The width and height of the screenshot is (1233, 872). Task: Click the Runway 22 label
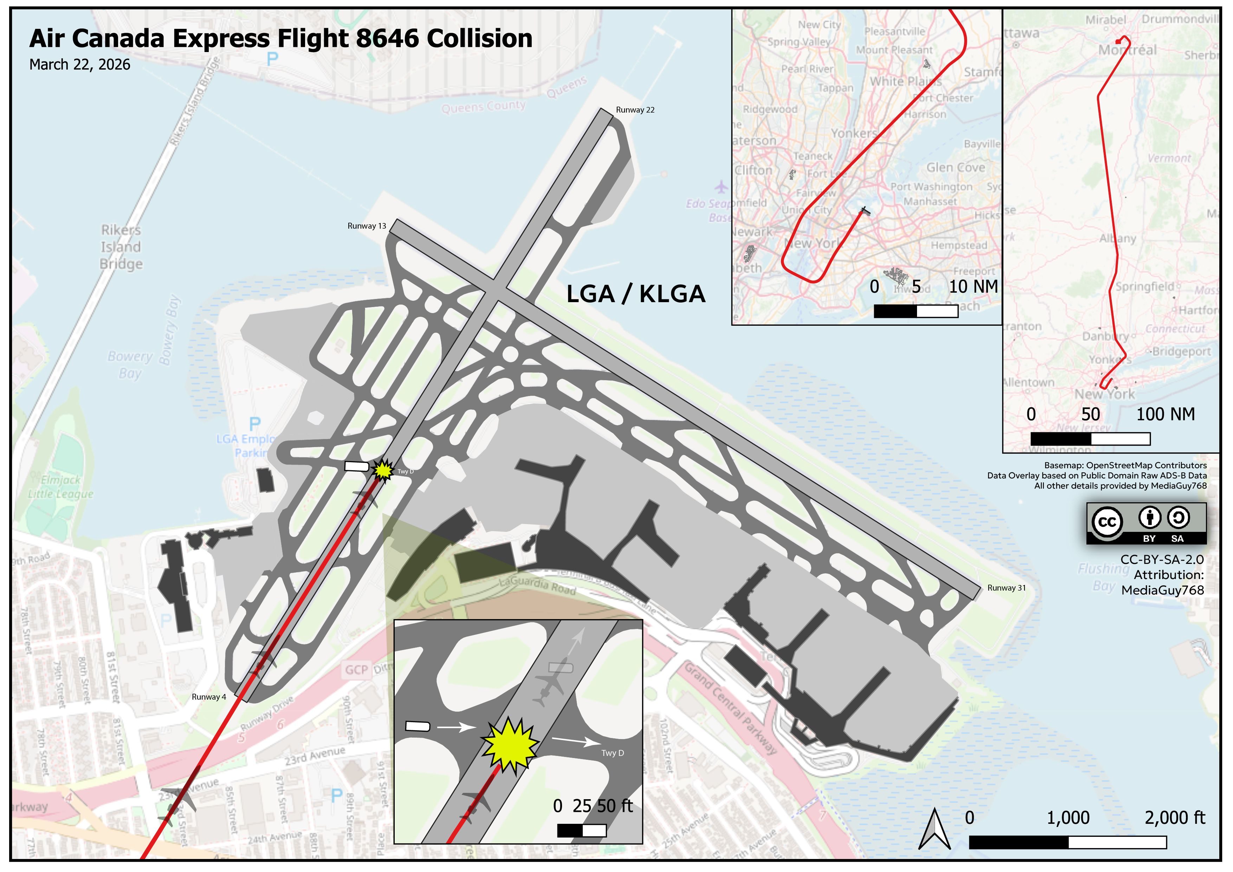pos(635,110)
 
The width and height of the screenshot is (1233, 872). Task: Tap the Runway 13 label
pos(367,226)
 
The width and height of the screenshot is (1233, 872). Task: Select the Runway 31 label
pos(1006,588)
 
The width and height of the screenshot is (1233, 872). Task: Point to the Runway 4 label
pos(209,697)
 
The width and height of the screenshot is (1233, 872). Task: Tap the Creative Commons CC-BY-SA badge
pos(1146,523)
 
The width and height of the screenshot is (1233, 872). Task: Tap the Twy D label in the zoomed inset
pos(613,753)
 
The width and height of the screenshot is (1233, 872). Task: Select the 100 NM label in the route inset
pos(1165,414)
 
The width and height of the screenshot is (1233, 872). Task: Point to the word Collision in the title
pos(479,39)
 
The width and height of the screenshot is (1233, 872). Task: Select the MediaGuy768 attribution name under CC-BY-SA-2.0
pos(1163,590)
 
